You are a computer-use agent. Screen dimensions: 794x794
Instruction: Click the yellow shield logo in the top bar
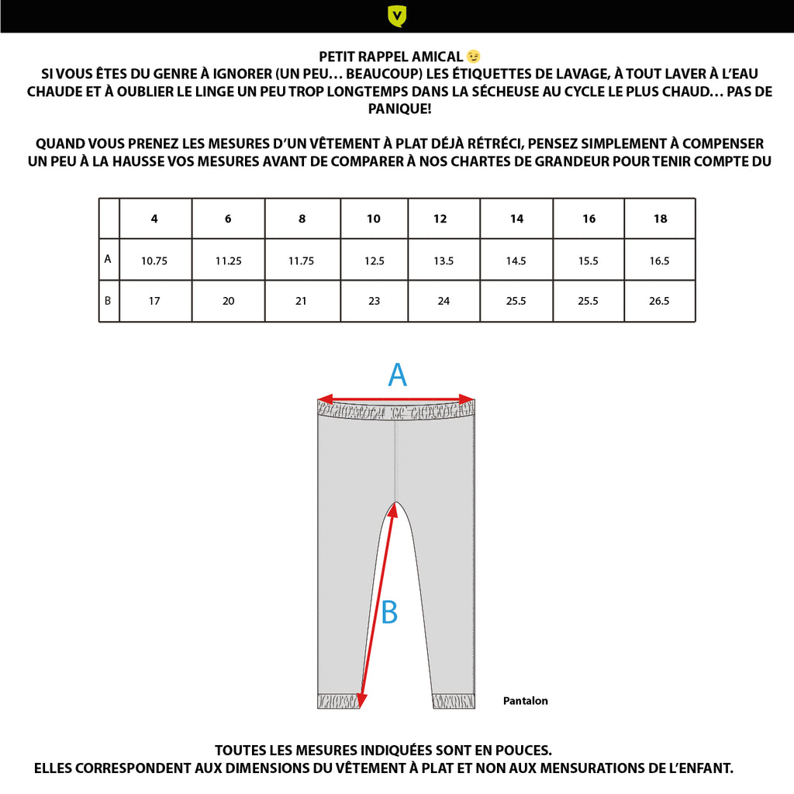click(397, 16)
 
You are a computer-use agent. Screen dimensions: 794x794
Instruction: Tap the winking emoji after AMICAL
click(474, 57)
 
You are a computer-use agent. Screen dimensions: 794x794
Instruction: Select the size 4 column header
click(154, 219)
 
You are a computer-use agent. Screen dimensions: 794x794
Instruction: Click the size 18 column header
click(660, 219)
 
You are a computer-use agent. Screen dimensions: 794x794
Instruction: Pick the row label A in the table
click(108, 260)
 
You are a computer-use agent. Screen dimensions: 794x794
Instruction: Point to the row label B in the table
click(108, 300)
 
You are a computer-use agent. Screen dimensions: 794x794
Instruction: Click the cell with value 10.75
click(154, 261)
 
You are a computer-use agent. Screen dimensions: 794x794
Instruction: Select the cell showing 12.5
click(374, 261)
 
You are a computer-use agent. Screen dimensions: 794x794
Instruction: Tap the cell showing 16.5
click(660, 261)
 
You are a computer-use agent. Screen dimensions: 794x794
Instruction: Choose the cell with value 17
click(154, 301)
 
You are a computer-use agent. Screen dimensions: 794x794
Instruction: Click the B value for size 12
click(444, 301)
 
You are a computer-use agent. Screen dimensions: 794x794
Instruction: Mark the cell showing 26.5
click(660, 301)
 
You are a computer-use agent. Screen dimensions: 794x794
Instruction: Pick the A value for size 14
click(516, 261)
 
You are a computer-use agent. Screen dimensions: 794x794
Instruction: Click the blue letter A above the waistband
click(397, 376)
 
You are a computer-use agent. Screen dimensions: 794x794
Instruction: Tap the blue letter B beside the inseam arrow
click(389, 613)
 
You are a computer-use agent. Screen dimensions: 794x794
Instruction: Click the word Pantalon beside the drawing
click(525, 701)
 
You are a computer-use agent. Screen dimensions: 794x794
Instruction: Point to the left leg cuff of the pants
click(339, 701)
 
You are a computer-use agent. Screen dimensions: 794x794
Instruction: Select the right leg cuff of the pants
click(453, 701)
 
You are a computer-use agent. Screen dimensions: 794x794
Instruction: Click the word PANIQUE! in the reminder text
click(397, 109)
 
